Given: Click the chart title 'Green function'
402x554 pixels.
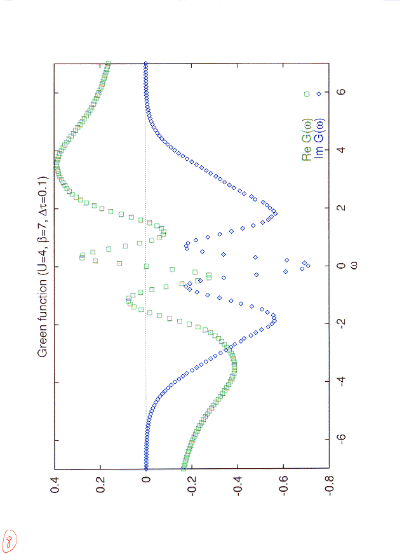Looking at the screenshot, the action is [x=43, y=319].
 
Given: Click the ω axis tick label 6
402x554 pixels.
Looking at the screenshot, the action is [x=341, y=91].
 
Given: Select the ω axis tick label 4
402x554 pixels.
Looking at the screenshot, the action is [x=341, y=149].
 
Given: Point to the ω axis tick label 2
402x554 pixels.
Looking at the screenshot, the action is [x=341, y=207].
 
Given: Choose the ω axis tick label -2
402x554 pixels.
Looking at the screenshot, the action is [x=341, y=323].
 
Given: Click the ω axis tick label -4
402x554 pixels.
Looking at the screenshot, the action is [x=341, y=382].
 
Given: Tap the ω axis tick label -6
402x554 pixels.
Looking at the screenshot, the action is [x=341, y=440].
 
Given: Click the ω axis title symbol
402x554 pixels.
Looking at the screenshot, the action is [x=354, y=266].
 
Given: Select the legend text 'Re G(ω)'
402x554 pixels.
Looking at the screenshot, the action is [x=307, y=140].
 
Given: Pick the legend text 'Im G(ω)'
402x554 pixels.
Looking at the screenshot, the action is [x=319, y=139].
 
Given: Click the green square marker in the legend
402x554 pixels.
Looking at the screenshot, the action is [x=307, y=94].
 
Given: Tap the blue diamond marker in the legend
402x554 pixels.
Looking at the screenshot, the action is [x=319, y=94].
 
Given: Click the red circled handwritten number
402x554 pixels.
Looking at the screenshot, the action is [x=10, y=540].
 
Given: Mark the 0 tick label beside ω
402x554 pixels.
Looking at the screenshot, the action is [x=341, y=266].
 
